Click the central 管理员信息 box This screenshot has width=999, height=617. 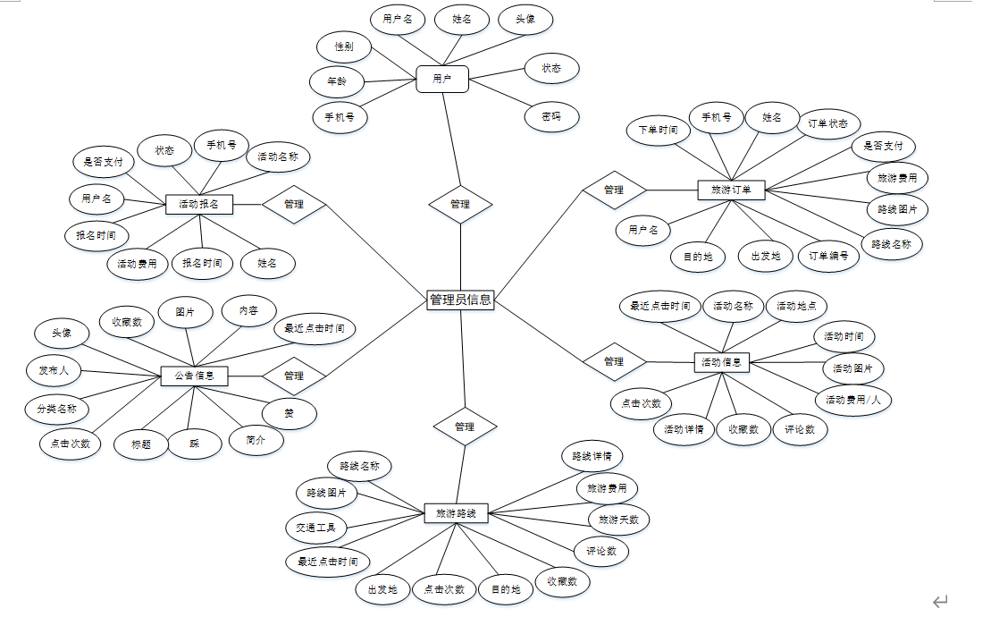[x=460, y=300]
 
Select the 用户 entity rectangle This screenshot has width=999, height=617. [x=441, y=80]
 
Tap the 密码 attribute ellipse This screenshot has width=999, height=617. [x=551, y=116]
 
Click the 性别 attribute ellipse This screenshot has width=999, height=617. [x=343, y=46]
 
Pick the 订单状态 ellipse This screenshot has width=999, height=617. [x=827, y=123]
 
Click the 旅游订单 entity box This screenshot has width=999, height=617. [x=730, y=190]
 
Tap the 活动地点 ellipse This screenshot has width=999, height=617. [x=795, y=306]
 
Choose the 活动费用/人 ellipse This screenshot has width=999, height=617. [x=853, y=400]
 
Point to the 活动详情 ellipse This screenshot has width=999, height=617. [x=684, y=429]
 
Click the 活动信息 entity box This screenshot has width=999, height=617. [x=721, y=362]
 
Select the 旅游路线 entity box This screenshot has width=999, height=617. [x=456, y=513]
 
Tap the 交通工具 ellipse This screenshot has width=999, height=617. [x=315, y=528]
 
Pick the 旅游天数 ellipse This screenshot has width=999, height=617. [x=618, y=519]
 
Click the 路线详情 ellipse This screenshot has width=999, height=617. [x=592, y=456]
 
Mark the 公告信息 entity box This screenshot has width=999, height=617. [x=194, y=376]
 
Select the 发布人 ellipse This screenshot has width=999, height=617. [x=53, y=370]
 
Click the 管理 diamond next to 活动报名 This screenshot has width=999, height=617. [x=294, y=205]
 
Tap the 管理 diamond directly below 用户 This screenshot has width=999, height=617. [x=459, y=204]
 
